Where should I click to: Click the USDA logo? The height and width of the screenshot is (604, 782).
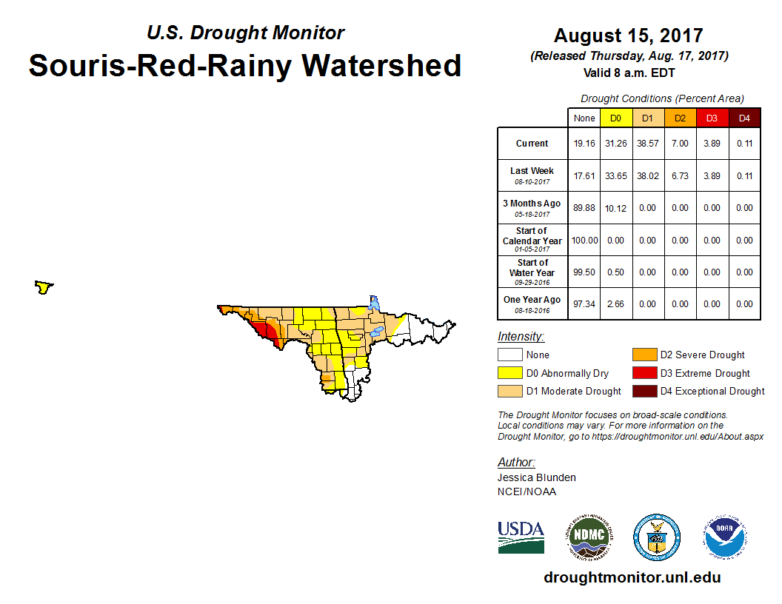pyautogui.click(x=521, y=537)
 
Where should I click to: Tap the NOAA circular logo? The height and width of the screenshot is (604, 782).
pyautogui.click(x=725, y=537)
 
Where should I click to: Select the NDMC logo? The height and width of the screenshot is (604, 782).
pyautogui.click(x=589, y=537)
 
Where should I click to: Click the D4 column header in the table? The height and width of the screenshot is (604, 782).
pyautogui.click(x=744, y=118)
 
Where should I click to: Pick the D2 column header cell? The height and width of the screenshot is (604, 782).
pyautogui.click(x=680, y=118)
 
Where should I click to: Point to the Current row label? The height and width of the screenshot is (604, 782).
pyautogui.click(x=532, y=144)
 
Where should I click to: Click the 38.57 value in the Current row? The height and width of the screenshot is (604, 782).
pyautogui.click(x=647, y=144)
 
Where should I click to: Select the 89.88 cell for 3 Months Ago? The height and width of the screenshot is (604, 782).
pyautogui.click(x=584, y=208)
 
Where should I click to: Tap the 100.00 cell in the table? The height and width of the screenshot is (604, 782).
pyautogui.click(x=584, y=241)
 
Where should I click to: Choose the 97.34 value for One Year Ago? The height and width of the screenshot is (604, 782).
pyautogui.click(x=584, y=304)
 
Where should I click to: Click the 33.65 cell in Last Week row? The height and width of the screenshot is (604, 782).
pyautogui.click(x=615, y=176)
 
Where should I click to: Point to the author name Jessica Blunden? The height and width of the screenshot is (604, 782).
pyautogui.click(x=536, y=477)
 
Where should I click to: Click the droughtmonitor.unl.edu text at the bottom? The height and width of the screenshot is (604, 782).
pyautogui.click(x=632, y=578)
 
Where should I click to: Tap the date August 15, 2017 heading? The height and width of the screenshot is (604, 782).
pyautogui.click(x=628, y=36)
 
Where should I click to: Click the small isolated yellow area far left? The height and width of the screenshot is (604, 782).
pyautogui.click(x=44, y=286)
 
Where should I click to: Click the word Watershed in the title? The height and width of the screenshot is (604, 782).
pyautogui.click(x=382, y=66)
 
